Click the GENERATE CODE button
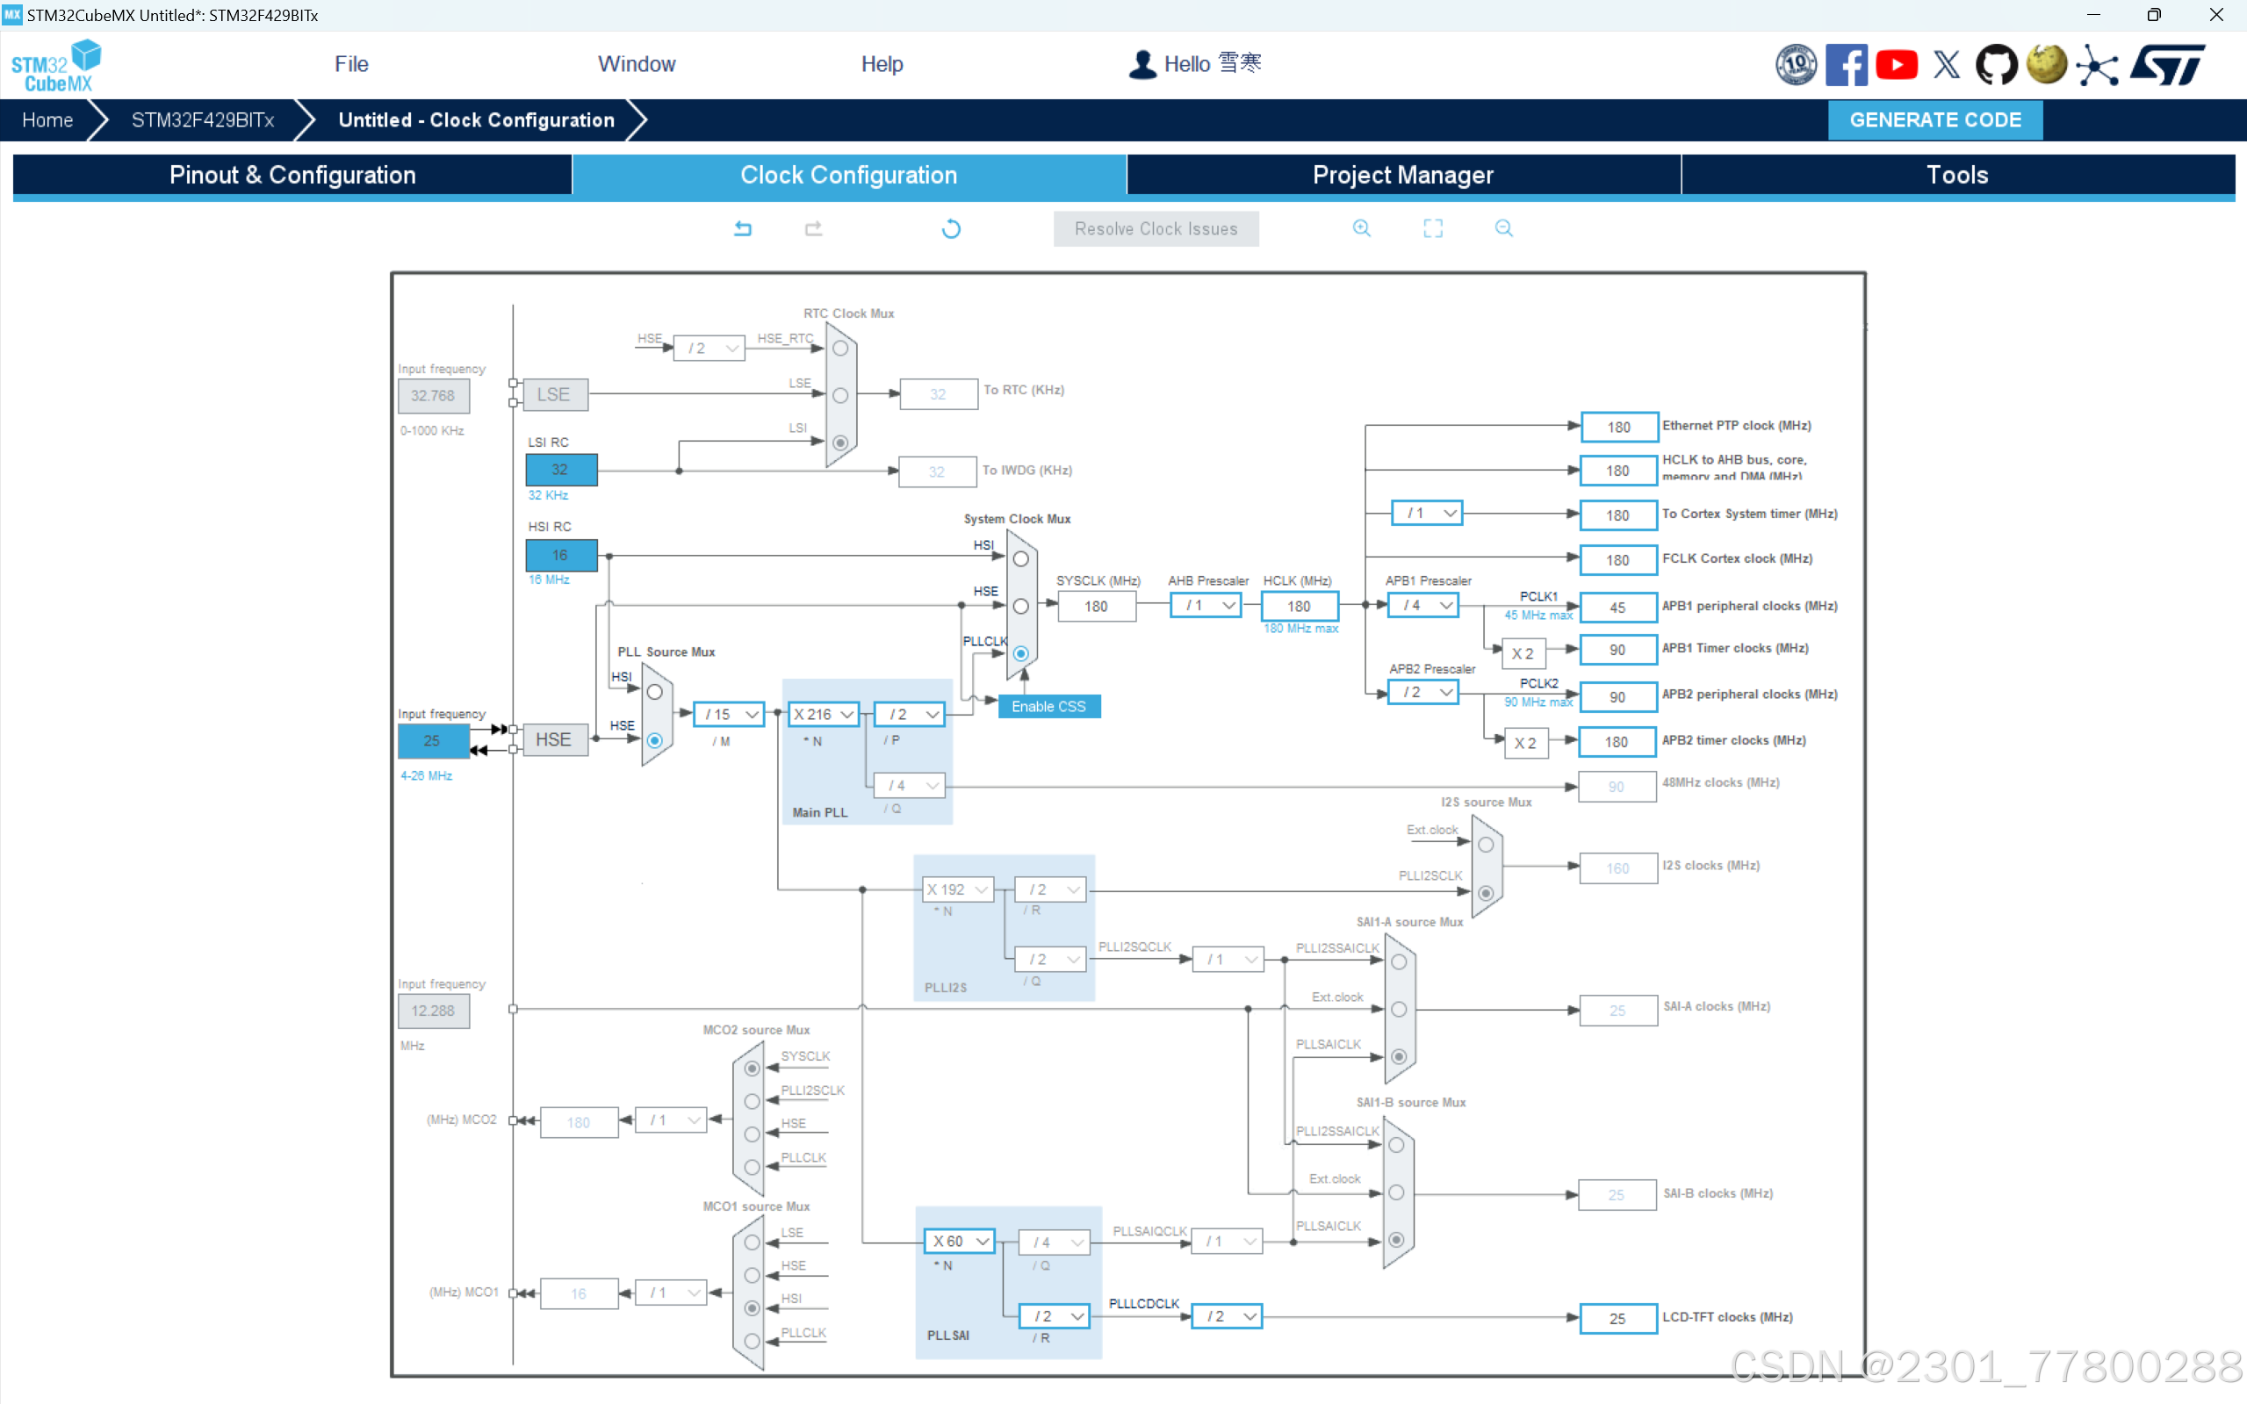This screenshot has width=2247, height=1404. tap(1934, 119)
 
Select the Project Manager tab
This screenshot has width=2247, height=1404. tap(1402, 175)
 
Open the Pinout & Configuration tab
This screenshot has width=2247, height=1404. tap(292, 175)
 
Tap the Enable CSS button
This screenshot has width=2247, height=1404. tap(1048, 707)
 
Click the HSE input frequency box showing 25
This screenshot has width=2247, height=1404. tap(433, 741)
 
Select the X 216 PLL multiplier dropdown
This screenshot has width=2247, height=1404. tap(823, 714)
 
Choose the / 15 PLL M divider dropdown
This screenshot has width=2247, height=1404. tap(730, 714)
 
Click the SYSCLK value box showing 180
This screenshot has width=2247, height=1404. tap(1096, 607)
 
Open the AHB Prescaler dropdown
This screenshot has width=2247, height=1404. tap(1206, 606)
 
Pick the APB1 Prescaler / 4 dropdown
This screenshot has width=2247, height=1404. tap(1422, 606)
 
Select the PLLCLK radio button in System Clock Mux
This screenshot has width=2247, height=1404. tap(1020, 654)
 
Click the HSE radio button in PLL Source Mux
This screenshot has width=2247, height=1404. tap(654, 740)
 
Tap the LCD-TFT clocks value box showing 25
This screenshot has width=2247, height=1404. tap(1617, 1319)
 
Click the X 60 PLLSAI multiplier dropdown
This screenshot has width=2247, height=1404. tap(959, 1242)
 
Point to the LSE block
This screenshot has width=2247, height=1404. tap(554, 394)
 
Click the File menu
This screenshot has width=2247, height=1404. tap(351, 64)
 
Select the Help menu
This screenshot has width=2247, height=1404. tap(882, 64)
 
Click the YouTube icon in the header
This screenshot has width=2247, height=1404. tap(1896, 65)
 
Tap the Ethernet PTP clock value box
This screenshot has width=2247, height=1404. tap(1618, 427)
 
